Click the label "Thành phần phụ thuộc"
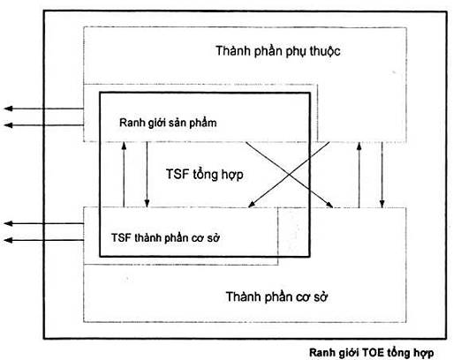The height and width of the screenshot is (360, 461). (x=278, y=51)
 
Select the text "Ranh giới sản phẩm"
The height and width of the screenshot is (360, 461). (x=168, y=123)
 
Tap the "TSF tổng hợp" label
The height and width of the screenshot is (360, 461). (x=205, y=174)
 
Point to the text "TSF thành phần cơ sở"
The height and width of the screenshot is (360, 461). (x=165, y=237)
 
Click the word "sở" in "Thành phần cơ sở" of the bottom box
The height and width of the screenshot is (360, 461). (x=320, y=296)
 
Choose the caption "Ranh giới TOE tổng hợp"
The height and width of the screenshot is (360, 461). (x=371, y=353)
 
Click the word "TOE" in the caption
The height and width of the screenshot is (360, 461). (x=373, y=352)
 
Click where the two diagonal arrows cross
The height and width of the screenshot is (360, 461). (x=289, y=175)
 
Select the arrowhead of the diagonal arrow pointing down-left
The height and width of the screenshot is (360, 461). (x=251, y=205)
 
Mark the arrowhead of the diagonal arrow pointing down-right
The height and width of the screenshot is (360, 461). (x=329, y=205)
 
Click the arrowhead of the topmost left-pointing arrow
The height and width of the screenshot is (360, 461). (x=8, y=109)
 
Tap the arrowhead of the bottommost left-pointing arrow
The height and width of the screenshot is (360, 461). (x=8, y=240)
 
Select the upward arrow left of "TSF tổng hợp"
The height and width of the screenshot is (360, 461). (x=124, y=175)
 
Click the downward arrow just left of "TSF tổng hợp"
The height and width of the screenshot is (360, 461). (x=147, y=175)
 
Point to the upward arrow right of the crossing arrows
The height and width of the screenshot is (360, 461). (x=359, y=176)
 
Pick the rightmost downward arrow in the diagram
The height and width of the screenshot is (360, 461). (x=382, y=176)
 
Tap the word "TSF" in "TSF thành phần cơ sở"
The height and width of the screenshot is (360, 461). (x=121, y=237)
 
